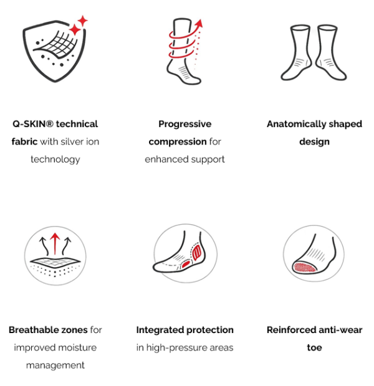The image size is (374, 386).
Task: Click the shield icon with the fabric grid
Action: coord(54,50)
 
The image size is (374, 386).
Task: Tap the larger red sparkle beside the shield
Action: coord(75,30)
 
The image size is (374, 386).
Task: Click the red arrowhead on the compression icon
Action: coord(199,24)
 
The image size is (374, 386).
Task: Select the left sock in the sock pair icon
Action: coord(295,52)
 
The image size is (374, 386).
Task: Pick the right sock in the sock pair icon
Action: coord(331,52)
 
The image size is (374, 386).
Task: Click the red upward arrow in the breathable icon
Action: coord(55,243)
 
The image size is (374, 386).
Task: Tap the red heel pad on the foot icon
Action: coord(197,253)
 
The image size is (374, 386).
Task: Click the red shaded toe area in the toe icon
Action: coord(304,267)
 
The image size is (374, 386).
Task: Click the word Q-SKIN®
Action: coord(33,124)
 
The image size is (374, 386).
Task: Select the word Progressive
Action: coord(185,124)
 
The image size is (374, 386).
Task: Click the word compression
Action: coord(178,142)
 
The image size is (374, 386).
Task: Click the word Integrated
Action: coord(158,330)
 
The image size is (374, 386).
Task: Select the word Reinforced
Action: coord(289,330)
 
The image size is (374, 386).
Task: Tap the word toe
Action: coord(314,347)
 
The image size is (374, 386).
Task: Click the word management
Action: coord(55,365)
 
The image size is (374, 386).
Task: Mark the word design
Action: coord(314,142)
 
